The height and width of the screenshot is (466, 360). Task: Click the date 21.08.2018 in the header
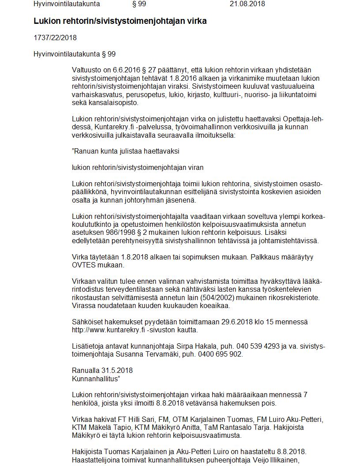247,4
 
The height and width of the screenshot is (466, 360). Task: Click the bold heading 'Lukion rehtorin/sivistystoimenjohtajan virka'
120,21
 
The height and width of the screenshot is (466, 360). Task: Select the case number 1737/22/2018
55,38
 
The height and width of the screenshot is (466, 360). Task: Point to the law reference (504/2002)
221,297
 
